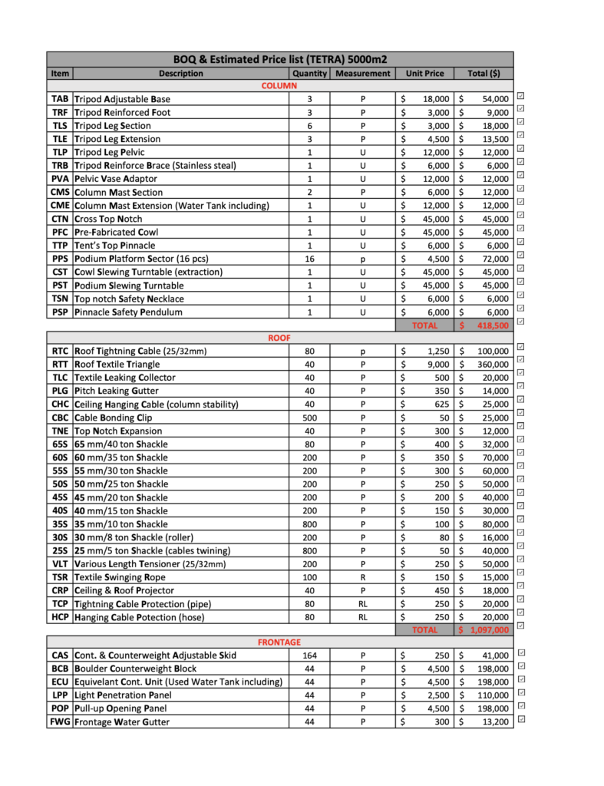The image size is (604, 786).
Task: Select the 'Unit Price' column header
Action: (424, 74)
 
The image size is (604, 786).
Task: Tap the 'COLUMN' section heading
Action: (279, 86)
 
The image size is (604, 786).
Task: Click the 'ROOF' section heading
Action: (279, 337)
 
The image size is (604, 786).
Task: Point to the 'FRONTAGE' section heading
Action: (279, 642)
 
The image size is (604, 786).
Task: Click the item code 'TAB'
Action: (60, 99)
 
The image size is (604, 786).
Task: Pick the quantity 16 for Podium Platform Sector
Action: (309, 259)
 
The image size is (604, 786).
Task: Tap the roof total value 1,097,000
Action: (487, 629)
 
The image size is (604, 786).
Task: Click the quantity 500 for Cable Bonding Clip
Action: (309, 418)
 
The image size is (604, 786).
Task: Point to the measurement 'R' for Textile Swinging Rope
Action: (363, 576)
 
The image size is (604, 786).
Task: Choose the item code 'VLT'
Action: (60, 563)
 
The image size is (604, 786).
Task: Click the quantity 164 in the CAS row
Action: (309, 656)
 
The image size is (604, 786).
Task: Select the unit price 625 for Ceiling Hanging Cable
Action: (435, 404)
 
